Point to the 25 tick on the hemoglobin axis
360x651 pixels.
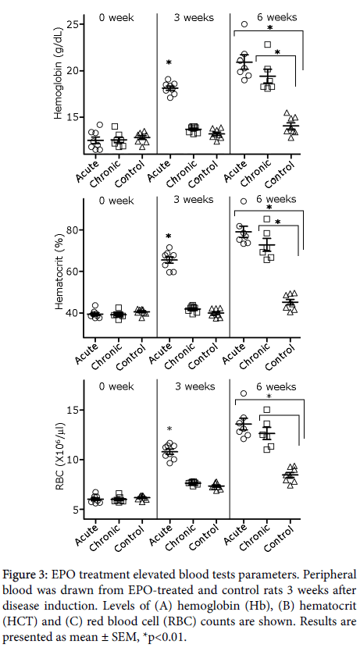tap(73, 24)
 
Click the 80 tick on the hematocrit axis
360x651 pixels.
tap(73, 229)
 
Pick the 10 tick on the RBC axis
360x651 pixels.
tap(73, 460)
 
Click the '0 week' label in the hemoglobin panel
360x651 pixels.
tap(116, 18)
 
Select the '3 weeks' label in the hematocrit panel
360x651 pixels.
tap(194, 200)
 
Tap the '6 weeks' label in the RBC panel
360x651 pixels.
tap(276, 387)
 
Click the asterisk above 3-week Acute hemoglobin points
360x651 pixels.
tap(169, 62)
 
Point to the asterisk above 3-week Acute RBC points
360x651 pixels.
tap(169, 429)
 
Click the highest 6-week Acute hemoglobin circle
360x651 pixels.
tap(244, 24)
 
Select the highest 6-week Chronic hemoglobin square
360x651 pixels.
tap(268, 44)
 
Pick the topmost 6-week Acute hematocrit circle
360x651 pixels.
tap(244, 201)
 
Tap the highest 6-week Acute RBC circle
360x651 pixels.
tap(244, 393)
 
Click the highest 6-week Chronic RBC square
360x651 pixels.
tap(267, 410)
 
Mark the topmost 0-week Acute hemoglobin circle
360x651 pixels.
tap(100, 125)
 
